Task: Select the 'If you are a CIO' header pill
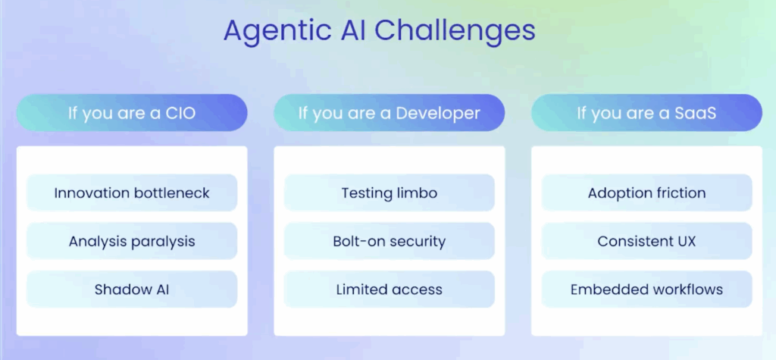tap(132, 113)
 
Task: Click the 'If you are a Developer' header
tap(389, 113)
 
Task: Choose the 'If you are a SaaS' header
tap(646, 113)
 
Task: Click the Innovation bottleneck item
tap(132, 193)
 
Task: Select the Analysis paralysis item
tap(132, 241)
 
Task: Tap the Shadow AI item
tap(132, 289)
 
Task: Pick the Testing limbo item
tap(389, 193)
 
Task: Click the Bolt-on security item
tap(389, 241)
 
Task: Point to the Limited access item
tap(389, 289)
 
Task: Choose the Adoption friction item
tap(646, 193)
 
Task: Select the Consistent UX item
tap(646, 241)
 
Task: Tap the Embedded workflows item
tap(646, 289)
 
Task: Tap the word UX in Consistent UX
tap(684, 241)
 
